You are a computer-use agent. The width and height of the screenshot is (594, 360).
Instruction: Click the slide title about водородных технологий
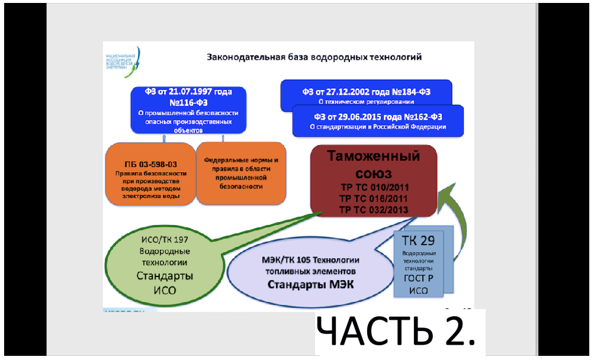[x=314, y=57]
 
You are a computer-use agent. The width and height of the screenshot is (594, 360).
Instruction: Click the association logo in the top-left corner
[x=121, y=59]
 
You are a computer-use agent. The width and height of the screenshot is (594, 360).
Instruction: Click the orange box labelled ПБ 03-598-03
[x=150, y=174]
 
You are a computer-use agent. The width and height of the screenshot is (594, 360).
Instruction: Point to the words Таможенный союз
[x=374, y=165]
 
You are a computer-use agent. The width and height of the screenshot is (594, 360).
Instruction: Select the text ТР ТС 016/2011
[x=374, y=198]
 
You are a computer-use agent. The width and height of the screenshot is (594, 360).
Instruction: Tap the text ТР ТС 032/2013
[x=374, y=209]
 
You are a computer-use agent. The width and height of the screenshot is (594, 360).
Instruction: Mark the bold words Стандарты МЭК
[x=311, y=284]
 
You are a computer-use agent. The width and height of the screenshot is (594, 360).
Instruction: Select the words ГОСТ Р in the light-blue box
[x=419, y=281]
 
